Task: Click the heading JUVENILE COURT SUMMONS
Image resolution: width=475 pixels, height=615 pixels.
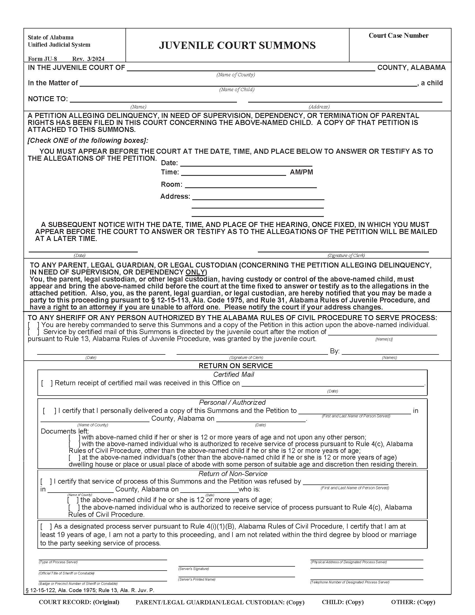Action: point(237,45)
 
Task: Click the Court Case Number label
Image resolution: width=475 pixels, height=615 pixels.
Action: point(398,36)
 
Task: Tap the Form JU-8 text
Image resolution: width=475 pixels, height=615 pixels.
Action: point(42,59)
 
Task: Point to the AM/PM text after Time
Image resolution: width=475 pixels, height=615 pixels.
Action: point(301,172)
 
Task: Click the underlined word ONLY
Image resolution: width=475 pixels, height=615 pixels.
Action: point(196,272)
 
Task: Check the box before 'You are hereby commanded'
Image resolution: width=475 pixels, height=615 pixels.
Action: point(34,325)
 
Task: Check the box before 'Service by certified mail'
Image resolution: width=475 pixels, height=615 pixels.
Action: point(34,332)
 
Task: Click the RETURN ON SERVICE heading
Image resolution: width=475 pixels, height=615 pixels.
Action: point(236,366)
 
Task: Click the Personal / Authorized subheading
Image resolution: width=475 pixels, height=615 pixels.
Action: point(232,402)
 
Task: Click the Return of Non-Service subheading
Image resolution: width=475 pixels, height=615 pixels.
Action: point(233,474)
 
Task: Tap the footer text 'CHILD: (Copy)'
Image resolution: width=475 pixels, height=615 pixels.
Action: point(343,602)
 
